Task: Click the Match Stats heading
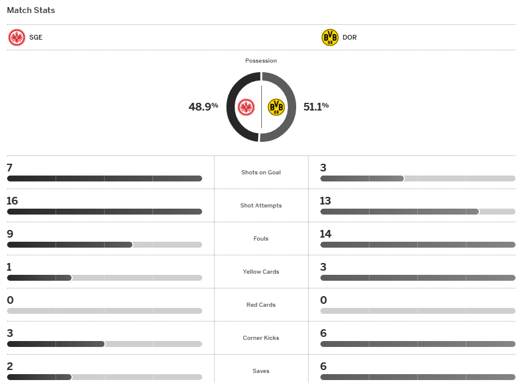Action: point(31,11)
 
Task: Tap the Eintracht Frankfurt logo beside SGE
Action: point(17,38)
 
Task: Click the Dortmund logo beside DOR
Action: point(330,38)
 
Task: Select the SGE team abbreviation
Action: point(35,38)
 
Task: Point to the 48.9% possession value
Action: point(203,107)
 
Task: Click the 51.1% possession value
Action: point(316,107)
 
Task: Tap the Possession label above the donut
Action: point(261,61)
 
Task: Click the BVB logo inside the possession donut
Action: point(276,107)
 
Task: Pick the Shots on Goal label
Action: point(261,173)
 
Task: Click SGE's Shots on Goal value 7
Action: point(9,168)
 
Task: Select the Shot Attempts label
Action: point(261,206)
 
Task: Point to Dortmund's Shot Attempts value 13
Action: point(325,201)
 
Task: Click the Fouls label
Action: point(261,239)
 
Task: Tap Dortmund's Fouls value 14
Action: point(325,234)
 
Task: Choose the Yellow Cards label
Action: point(261,272)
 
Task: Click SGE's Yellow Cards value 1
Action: point(9,267)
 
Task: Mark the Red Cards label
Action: point(261,305)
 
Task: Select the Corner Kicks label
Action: point(261,338)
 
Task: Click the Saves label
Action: point(261,371)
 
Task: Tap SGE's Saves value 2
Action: point(9,366)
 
